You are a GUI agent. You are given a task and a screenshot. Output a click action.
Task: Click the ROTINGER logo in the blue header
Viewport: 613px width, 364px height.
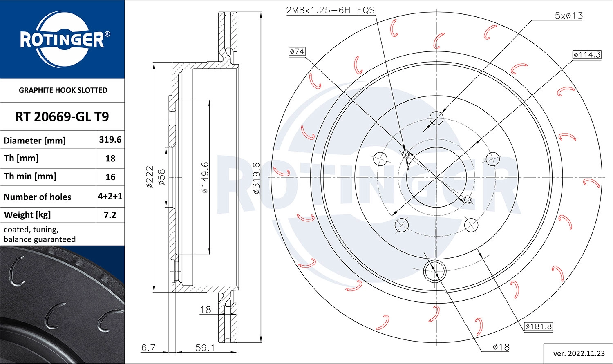click(63, 40)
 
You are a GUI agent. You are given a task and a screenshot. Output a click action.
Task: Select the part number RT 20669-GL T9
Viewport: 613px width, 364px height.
click(62, 117)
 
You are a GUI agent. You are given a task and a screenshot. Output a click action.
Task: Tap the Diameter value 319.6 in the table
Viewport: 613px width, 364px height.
click(110, 140)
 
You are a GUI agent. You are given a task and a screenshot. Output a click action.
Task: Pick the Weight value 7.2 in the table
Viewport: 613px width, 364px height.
click(110, 215)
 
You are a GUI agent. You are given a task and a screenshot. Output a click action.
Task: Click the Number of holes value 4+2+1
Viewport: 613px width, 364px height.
click(110, 197)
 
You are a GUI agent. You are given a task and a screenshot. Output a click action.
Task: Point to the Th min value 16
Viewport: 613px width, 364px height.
click(110, 177)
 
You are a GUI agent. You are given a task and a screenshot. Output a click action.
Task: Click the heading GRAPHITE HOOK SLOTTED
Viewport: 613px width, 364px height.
click(63, 90)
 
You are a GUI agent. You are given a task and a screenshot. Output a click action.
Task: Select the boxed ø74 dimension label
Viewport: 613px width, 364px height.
click(297, 51)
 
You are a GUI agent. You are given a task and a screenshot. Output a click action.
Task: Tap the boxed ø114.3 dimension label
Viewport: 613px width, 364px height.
click(586, 55)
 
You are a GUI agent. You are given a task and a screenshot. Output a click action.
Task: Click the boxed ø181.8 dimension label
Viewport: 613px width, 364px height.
click(539, 326)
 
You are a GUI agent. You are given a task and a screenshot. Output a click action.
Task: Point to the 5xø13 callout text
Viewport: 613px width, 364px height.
click(568, 16)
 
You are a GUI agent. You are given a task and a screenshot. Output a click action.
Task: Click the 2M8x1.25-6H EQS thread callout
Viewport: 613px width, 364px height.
click(330, 10)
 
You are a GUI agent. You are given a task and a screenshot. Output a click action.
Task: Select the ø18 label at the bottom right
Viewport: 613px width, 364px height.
click(501, 347)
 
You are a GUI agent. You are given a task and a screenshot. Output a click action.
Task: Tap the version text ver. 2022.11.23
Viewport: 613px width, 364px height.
click(579, 353)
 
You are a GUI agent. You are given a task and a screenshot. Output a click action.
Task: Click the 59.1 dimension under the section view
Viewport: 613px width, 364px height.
click(205, 348)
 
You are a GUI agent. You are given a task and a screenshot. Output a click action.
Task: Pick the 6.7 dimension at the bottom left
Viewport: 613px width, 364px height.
click(148, 348)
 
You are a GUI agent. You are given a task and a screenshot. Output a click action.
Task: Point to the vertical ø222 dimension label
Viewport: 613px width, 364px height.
click(150, 177)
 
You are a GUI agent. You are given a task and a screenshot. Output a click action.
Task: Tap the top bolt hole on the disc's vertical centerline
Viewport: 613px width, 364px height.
click(436, 118)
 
